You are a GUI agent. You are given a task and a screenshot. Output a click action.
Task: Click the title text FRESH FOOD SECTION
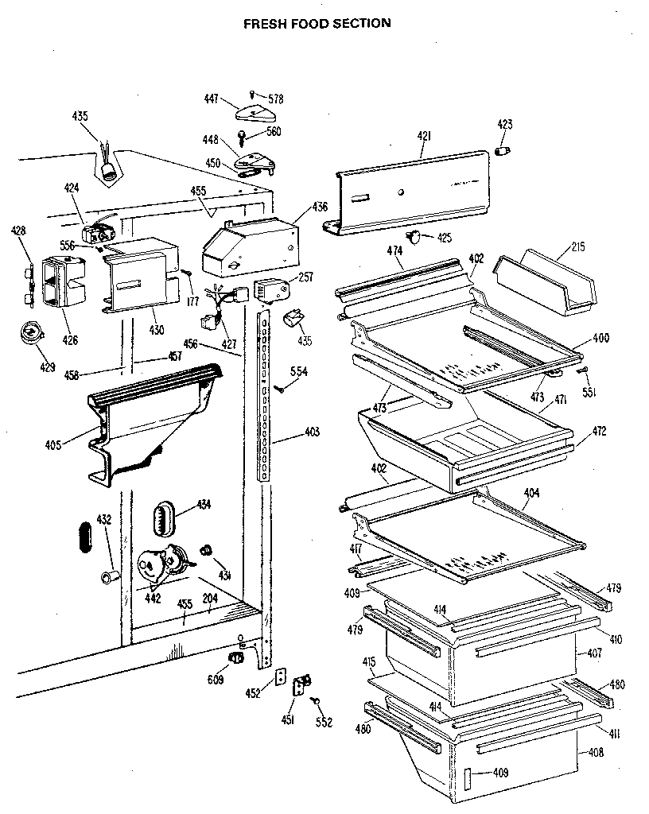(317, 23)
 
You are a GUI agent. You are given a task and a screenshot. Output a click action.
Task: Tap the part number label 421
(423, 137)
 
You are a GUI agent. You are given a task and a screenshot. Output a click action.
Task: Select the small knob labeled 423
(502, 151)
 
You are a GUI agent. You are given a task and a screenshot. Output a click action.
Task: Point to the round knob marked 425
(414, 235)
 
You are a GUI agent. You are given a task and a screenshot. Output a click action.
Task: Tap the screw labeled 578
(253, 94)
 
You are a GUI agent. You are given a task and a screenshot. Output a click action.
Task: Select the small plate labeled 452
(280, 676)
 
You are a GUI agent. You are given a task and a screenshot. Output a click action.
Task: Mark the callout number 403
(312, 432)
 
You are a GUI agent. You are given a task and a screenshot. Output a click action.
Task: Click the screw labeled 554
(280, 390)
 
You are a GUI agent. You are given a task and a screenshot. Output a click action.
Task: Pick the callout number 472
(598, 432)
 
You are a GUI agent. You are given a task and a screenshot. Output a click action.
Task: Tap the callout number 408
(594, 752)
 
